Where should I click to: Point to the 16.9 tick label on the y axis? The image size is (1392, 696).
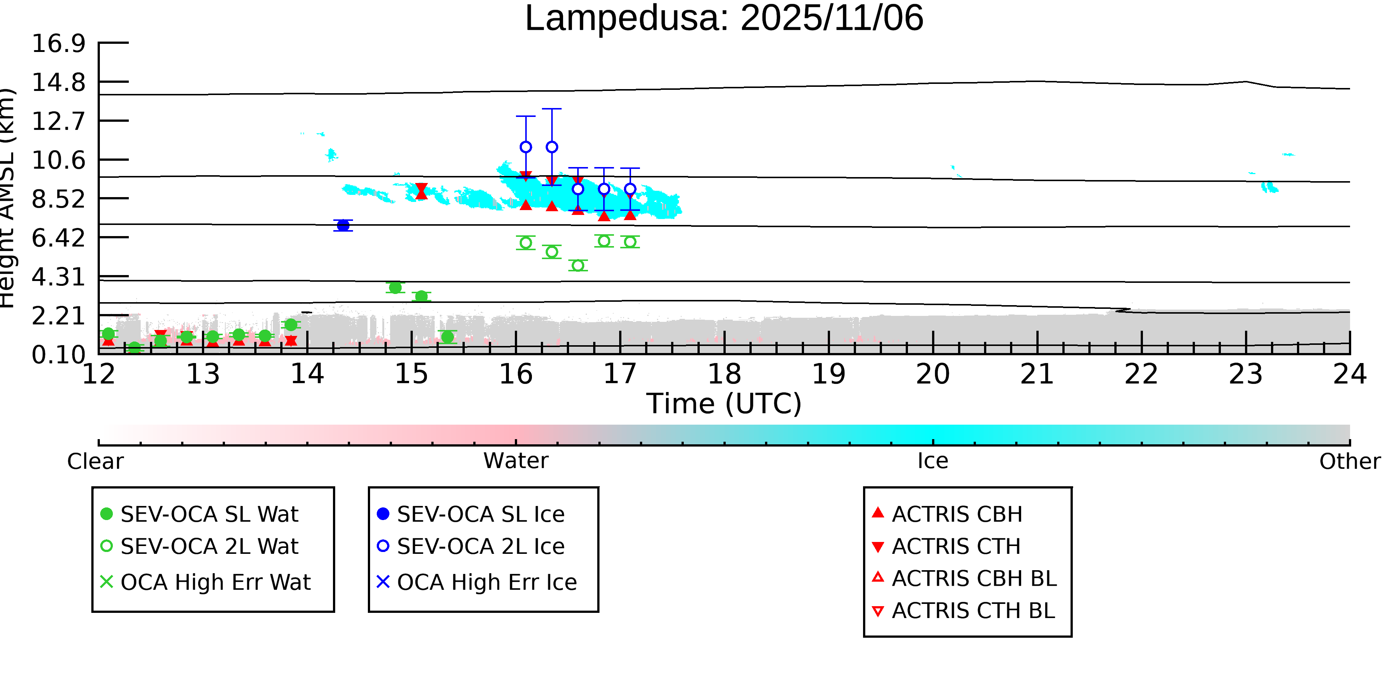point(58,43)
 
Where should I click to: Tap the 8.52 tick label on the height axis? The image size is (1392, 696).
point(58,199)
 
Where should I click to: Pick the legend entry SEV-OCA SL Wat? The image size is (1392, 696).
point(209,514)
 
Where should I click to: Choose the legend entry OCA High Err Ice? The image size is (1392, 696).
point(486,582)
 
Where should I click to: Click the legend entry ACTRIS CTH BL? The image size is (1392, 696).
point(973,611)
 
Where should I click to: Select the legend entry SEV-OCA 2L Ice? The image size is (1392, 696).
point(480,546)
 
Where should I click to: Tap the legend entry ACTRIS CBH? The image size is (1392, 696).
point(957,514)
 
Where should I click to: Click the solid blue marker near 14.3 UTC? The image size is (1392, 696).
point(343,225)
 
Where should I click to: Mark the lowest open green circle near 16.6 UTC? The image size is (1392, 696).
point(578,265)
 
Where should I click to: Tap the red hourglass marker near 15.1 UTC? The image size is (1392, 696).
point(421,191)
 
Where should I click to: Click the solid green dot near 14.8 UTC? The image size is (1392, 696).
point(395,287)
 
